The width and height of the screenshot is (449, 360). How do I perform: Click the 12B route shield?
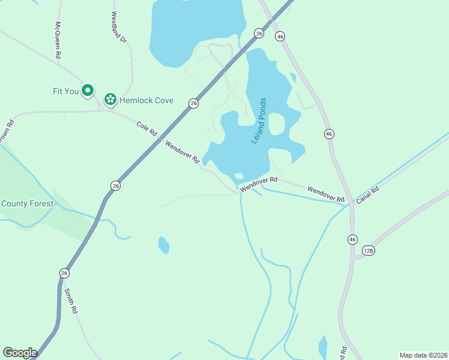point(369,250)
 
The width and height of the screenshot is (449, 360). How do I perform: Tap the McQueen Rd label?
point(58,40)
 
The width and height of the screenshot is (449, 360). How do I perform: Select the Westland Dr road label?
point(119,28)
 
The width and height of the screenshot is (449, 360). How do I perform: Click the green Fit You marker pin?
point(88,91)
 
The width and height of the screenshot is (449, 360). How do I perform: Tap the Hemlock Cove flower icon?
point(110,100)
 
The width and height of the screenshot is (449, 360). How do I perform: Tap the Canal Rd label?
point(367,195)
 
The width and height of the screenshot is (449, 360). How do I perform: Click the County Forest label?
point(27,203)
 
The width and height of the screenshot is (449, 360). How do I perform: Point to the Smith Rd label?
point(71,302)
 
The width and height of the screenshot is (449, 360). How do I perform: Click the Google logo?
point(20,353)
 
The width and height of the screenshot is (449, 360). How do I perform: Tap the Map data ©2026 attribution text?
point(423,355)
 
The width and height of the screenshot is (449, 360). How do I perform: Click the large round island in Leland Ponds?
point(276,124)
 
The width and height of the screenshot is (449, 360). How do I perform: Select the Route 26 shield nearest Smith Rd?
point(64,273)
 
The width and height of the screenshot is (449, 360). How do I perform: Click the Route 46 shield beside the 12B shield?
point(352,239)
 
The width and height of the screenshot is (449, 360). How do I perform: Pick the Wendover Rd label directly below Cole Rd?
point(181,152)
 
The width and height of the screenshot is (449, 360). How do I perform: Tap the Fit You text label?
point(66,92)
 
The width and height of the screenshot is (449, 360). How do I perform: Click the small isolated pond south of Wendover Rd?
point(163,245)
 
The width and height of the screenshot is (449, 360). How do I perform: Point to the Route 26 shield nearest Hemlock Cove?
point(193,103)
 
